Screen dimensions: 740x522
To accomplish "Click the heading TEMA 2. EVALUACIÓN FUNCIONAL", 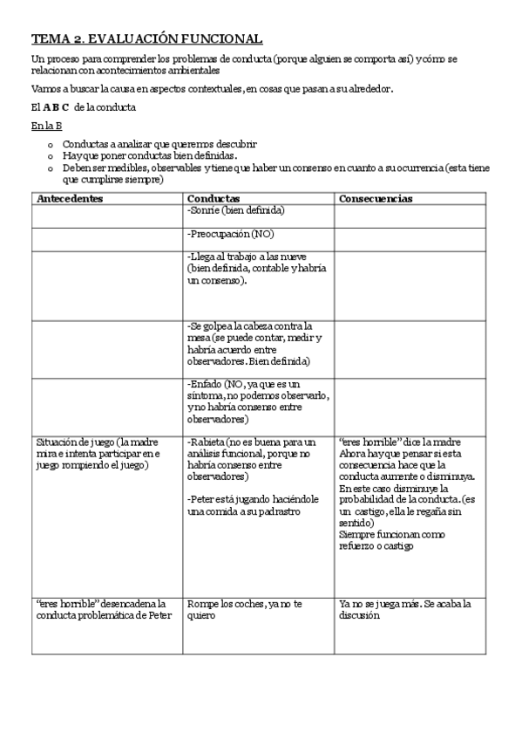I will (146, 39).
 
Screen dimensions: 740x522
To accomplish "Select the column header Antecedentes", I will (70, 199).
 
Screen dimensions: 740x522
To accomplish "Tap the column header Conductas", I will (214, 199).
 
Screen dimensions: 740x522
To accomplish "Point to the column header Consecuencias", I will (376, 199).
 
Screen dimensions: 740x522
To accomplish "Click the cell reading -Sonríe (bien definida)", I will (236, 210).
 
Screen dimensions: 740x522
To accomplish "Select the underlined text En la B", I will (45, 126).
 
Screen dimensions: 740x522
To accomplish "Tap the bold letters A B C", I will (56, 107).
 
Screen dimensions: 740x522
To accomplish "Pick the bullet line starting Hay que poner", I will (148, 154).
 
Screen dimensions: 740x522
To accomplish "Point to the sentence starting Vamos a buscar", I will (212, 89).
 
